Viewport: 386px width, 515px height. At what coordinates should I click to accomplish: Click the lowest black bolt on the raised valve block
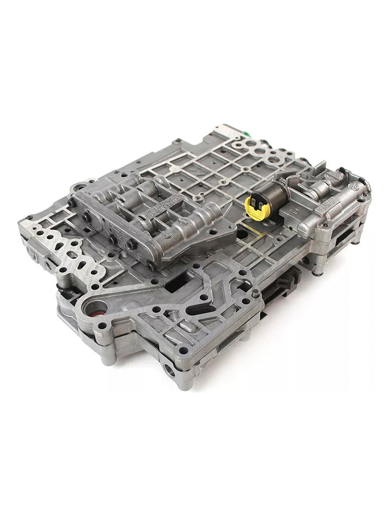[x=150, y=266]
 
